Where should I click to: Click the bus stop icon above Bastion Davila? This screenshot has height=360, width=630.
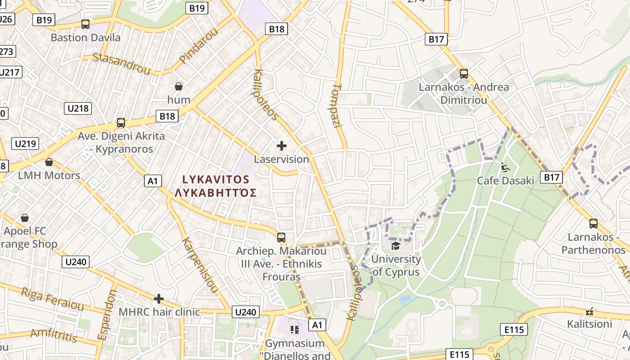85,24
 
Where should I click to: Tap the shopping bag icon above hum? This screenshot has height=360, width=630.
179,86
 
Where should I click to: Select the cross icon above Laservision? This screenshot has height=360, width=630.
282,146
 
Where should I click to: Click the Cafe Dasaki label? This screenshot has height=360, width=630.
505,180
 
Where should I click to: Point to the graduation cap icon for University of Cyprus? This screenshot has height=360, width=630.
396,246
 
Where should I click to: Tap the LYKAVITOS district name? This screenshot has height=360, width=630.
216,180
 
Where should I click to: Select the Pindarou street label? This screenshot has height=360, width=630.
198,45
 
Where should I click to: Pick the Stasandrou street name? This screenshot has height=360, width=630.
121,63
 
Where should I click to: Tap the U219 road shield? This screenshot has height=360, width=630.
26,144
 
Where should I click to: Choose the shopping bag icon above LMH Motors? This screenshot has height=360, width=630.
49,162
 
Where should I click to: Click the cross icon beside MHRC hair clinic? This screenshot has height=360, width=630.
158,299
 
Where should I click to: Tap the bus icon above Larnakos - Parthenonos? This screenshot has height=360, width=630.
594,223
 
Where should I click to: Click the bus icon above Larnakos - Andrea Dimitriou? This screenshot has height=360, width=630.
463,73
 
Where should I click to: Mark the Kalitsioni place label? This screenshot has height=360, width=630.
589,324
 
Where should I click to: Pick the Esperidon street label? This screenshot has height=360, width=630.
107,315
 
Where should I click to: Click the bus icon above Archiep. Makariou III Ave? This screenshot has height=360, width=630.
281,237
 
